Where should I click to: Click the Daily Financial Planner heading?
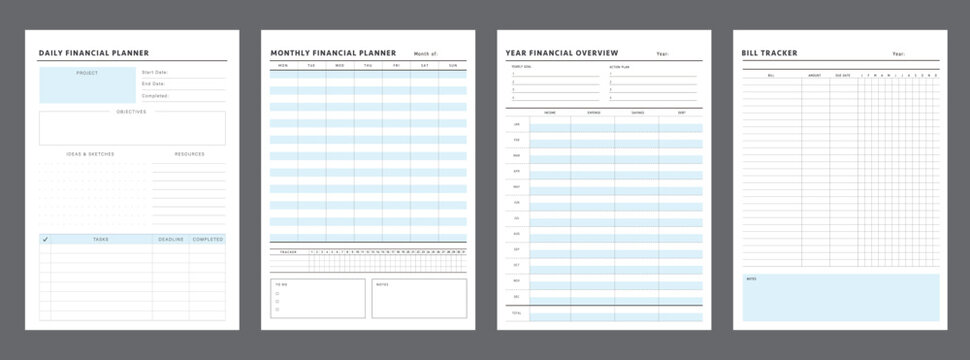point(94,52)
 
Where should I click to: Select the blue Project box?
point(87,85)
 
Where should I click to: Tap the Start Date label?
point(155,72)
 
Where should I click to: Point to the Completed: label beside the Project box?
point(155,96)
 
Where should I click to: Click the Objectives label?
point(131,112)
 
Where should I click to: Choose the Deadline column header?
point(170,240)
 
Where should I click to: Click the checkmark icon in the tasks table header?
point(45,240)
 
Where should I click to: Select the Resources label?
point(189,154)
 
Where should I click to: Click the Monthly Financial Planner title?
point(333,53)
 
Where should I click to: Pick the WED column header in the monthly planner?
point(339,65)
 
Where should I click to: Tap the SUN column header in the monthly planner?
point(453,65)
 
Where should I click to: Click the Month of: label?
point(425,54)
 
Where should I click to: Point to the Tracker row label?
point(288,251)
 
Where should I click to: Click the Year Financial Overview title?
point(562,53)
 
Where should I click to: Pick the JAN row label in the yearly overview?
point(516,125)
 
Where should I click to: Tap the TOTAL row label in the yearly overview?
point(516,314)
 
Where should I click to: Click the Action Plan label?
point(621,67)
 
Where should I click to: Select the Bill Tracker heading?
point(769,53)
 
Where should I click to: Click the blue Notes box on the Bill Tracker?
point(840,298)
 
